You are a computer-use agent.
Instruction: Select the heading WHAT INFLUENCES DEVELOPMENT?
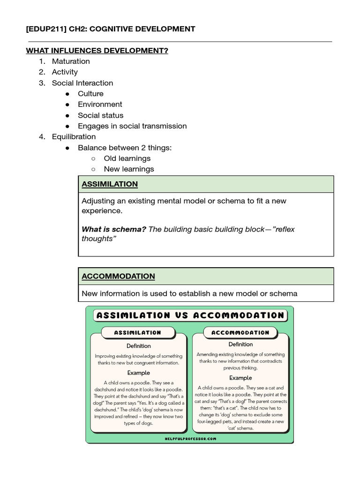[97, 51]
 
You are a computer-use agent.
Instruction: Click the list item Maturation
[71, 61]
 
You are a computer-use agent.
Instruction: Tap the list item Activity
[65, 72]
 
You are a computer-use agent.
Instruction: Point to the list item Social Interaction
[82, 83]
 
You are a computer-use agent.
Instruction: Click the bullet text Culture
[90, 94]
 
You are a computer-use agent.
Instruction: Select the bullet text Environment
[100, 105]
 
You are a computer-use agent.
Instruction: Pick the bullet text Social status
[101, 115]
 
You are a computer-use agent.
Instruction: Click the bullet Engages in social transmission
[132, 126]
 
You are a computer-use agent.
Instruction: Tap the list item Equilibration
[74, 137]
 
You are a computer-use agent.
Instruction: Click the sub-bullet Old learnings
[127, 158]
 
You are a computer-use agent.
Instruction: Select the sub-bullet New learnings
[129, 169]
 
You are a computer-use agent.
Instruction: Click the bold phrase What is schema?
[114, 229]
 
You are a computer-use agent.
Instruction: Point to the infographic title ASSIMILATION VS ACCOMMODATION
[190, 315]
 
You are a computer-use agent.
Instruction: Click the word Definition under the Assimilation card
[138, 346]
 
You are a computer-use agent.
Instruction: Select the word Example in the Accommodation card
[240, 378]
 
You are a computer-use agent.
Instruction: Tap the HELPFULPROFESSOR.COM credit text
[190, 438]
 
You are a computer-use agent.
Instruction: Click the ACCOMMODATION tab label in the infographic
[240, 332]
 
